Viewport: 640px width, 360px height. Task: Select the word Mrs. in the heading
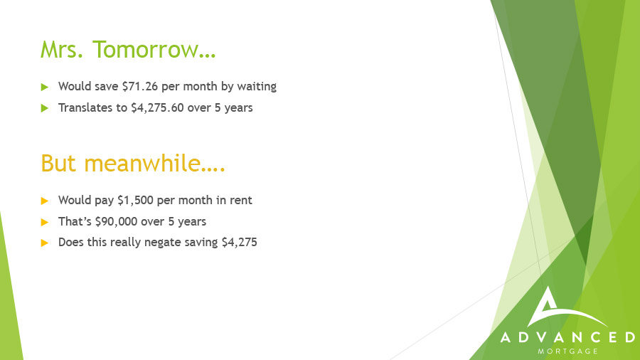(62, 49)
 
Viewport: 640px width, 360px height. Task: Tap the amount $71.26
(139, 87)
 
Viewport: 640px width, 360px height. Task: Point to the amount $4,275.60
(157, 107)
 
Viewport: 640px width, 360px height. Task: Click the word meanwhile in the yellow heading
(142, 163)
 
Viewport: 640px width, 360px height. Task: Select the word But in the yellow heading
(58, 163)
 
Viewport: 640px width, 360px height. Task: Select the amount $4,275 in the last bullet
(239, 243)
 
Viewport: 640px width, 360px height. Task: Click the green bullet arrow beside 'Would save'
(45, 87)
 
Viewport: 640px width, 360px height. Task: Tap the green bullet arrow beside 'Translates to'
(45, 108)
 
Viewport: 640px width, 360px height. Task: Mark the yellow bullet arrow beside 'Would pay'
(45, 201)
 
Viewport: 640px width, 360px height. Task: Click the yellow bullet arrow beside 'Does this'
(45, 243)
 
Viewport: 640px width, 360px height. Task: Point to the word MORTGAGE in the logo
(567, 351)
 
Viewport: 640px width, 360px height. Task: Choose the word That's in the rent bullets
(75, 222)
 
